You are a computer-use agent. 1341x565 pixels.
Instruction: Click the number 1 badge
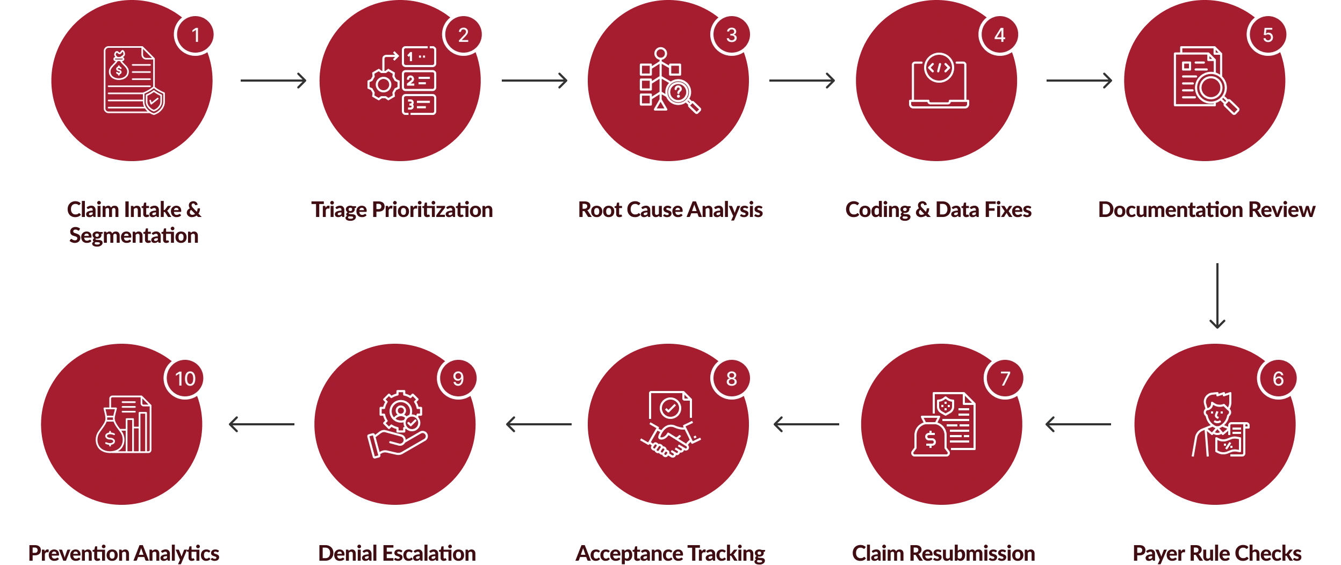(x=196, y=35)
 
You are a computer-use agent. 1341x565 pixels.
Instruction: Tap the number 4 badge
(x=999, y=35)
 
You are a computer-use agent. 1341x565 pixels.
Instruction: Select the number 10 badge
(x=185, y=379)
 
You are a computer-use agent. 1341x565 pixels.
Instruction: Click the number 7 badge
(x=1005, y=379)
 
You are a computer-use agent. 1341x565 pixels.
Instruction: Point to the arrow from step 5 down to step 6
(x=1218, y=295)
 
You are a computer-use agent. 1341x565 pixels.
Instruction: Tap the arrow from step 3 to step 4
(x=803, y=80)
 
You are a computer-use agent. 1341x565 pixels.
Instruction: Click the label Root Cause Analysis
(x=670, y=209)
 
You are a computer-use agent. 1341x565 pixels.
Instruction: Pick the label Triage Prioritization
(x=402, y=209)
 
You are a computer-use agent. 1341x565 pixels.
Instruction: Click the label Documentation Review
(x=1207, y=209)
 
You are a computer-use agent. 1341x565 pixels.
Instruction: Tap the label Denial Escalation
(x=398, y=553)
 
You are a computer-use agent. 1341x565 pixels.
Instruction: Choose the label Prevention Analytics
(x=124, y=553)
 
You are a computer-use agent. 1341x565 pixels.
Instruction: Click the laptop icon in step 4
(x=939, y=83)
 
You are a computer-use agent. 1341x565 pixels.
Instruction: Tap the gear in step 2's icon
(x=383, y=84)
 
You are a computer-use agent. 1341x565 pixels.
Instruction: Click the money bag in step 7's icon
(x=929, y=438)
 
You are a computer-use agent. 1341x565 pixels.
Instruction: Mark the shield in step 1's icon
(x=154, y=101)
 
